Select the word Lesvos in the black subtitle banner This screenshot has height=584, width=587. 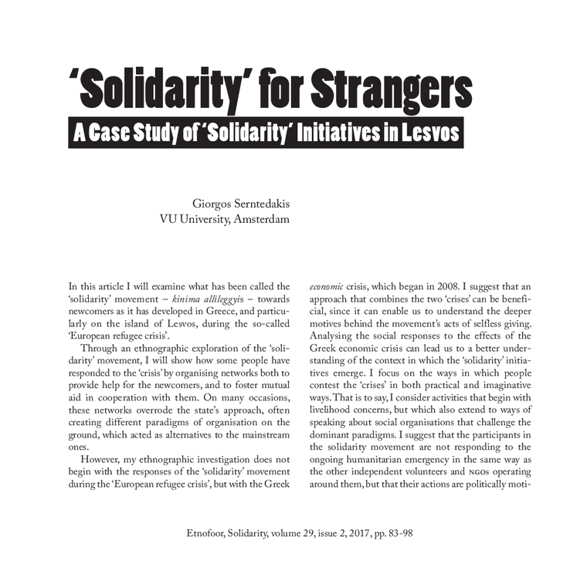pyautogui.click(x=425, y=133)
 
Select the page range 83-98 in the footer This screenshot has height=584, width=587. pyautogui.click(x=407, y=533)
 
